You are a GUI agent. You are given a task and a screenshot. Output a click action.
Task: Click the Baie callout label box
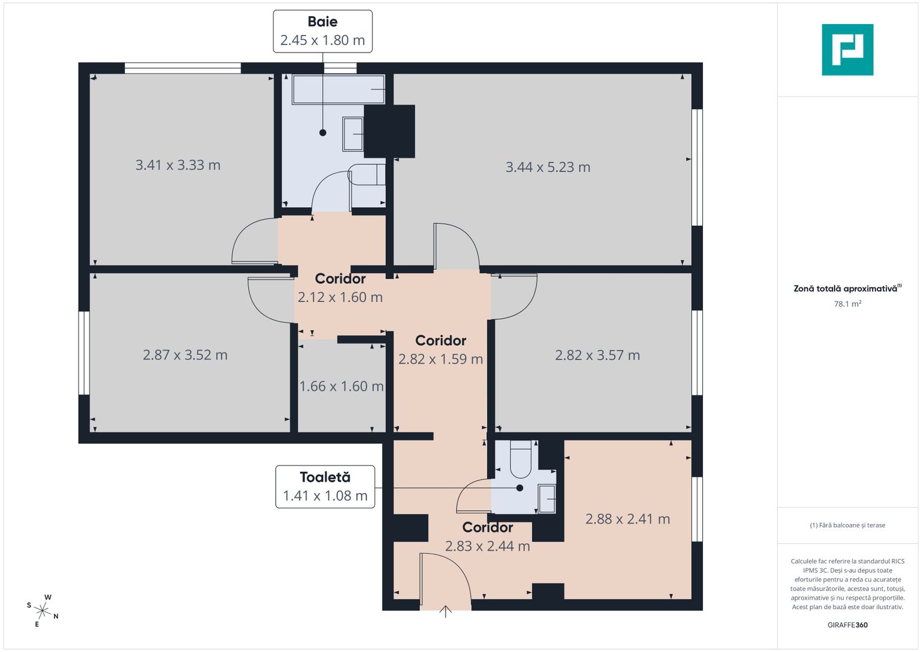(322, 31)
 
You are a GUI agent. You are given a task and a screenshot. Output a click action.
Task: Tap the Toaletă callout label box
(325, 487)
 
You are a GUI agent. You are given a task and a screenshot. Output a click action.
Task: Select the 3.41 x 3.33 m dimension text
(178, 165)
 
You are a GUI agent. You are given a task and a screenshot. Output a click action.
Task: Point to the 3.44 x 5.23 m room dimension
(548, 167)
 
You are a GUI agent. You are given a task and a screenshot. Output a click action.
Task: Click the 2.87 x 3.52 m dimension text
(185, 355)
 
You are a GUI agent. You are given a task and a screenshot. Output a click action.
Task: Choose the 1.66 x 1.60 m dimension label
(341, 386)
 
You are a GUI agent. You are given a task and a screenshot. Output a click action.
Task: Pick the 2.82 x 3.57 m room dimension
(597, 356)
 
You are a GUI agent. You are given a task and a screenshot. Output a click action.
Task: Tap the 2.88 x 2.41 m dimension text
(627, 519)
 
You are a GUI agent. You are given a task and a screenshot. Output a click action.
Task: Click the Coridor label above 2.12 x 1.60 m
(340, 279)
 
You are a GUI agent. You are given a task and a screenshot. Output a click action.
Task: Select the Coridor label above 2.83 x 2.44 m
(487, 528)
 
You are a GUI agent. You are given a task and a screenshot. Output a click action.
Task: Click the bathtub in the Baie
(338, 89)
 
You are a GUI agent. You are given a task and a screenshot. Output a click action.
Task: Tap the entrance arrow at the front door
(446, 612)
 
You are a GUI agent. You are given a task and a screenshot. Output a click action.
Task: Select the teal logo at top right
(847, 50)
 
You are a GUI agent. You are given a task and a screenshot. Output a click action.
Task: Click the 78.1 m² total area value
(847, 304)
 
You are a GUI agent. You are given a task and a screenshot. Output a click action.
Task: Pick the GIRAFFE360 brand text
(847, 625)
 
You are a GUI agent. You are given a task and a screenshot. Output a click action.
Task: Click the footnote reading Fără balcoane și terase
(847, 525)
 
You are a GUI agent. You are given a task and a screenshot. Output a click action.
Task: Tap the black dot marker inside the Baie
(322, 133)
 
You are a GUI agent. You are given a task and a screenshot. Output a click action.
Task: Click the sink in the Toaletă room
(546, 499)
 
